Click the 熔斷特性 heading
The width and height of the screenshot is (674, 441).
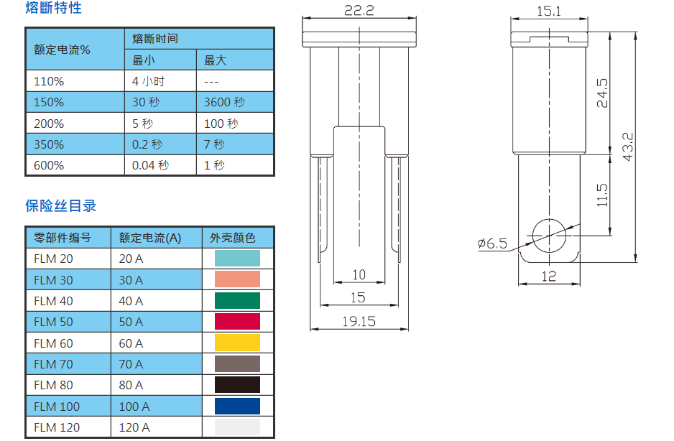coord(53,9)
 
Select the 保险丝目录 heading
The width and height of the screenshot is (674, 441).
coord(60,206)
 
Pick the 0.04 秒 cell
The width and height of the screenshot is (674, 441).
coord(150,165)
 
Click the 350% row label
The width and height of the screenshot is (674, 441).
coord(49,144)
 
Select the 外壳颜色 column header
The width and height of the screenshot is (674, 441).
coord(232,238)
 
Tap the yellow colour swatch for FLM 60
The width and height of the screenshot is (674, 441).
coord(237,343)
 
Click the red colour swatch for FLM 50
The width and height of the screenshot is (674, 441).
coord(237,322)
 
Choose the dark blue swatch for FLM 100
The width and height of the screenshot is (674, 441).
coord(237,407)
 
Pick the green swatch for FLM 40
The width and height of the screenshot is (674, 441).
coord(237,301)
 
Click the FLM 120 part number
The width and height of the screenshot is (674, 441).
coord(57,427)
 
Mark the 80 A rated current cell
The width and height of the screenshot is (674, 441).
coord(131,385)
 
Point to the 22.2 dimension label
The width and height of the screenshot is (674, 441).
coord(359,10)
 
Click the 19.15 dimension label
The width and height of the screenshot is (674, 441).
coord(359,321)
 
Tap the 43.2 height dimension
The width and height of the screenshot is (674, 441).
coord(628,147)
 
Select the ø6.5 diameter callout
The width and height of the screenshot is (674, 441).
coord(492,243)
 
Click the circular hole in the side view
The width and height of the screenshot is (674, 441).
coord(549,234)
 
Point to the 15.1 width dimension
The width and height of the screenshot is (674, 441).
coord(549,10)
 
